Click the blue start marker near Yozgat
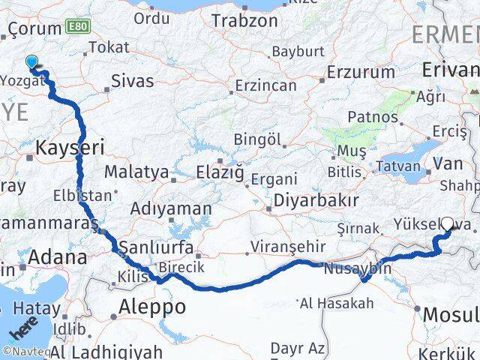coord(31,62)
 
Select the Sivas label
coord(132,81)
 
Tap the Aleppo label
coord(152,307)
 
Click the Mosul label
coord(451,314)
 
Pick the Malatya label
coord(136,172)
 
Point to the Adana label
coord(58,258)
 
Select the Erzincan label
coord(265,85)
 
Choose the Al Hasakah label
coord(336,304)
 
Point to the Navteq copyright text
coord(22,351)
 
